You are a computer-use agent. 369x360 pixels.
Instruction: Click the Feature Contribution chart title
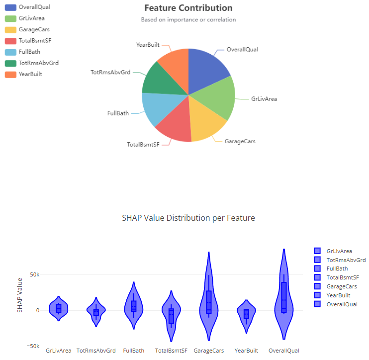click(x=188, y=8)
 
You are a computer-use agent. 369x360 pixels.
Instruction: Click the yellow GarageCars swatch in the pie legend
click(x=10, y=30)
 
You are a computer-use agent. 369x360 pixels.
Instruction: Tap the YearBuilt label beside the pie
click(x=148, y=45)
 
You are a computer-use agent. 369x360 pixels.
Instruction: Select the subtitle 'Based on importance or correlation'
click(x=188, y=20)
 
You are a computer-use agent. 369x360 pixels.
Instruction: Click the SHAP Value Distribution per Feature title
click(x=188, y=218)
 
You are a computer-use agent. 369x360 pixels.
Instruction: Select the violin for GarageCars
click(x=209, y=303)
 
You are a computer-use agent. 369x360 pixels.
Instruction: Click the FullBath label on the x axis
click(x=134, y=351)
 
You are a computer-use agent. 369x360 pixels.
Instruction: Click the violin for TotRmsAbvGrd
click(x=96, y=312)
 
